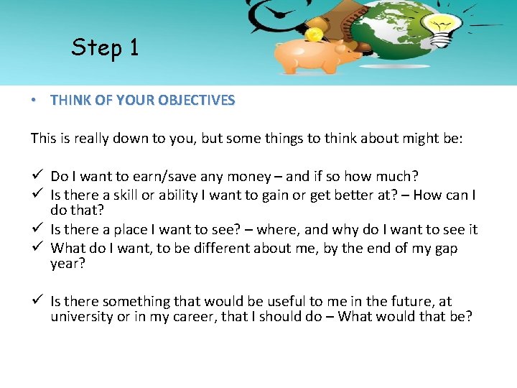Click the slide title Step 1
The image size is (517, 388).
click(105, 47)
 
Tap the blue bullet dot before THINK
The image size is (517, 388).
click(35, 101)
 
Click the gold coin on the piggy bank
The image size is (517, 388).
click(314, 34)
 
